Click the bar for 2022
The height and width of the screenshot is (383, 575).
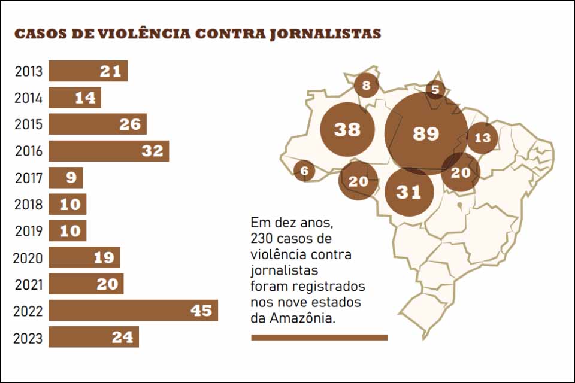[133, 311]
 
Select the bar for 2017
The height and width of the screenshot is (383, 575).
[66, 178]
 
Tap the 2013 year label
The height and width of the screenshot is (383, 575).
[29, 72]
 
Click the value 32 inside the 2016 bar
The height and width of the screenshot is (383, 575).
[152, 151]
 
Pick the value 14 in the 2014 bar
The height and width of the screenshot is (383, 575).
[85, 98]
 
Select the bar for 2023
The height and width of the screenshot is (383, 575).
[93, 337]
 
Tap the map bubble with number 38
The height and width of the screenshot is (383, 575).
[347, 129]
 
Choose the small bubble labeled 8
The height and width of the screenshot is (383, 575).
[366, 86]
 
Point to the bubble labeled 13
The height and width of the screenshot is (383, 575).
[482, 138]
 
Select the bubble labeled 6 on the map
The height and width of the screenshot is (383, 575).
[304, 171]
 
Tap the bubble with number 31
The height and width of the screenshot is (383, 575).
[408, 192]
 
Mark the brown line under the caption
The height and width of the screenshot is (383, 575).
[319, 338]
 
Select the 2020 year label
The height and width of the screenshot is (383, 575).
[29, 259]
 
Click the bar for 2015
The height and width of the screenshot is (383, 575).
[98, 124]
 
